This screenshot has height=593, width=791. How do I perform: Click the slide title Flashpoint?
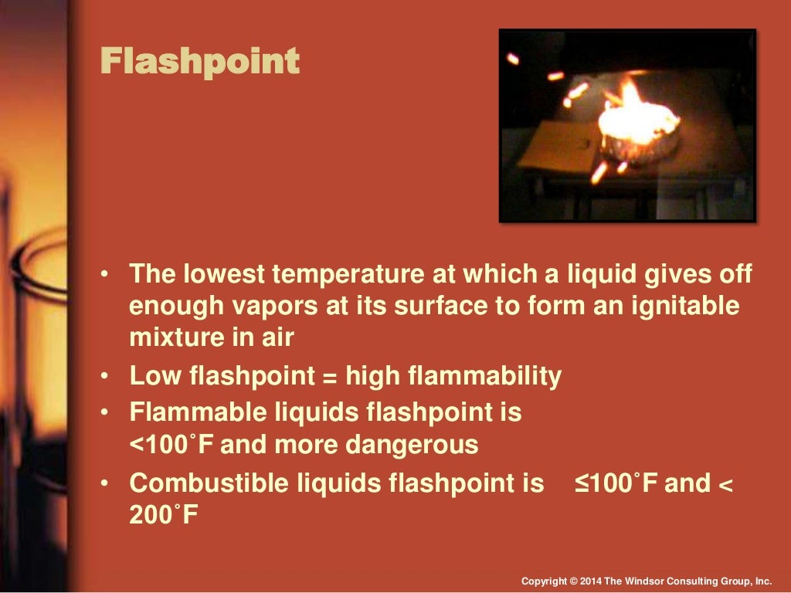tap(200, 62)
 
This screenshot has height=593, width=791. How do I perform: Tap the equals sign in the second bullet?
tap(328, 376)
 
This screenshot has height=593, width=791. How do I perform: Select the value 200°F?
tap(164, 515)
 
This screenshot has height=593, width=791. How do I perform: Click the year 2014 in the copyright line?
tap(590, 581)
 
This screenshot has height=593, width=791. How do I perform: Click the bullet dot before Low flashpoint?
tap(105, 377)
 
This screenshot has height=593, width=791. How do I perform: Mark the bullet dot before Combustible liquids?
tap(105, 484)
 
